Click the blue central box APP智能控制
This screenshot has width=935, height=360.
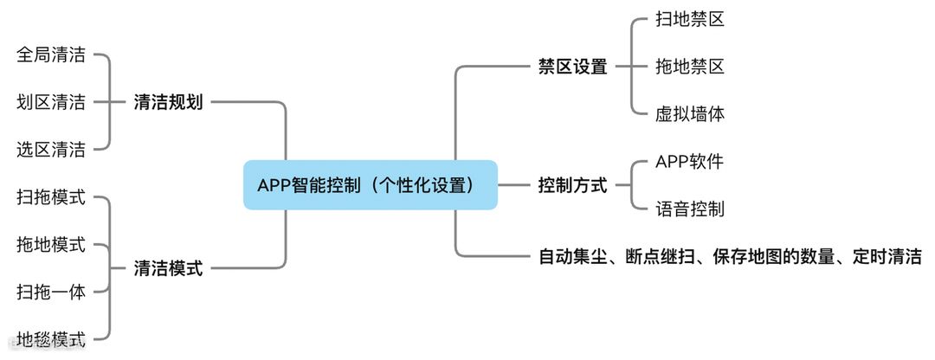coord(370,184)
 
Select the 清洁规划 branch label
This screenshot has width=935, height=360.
coord(168,102)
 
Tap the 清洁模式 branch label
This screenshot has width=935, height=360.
coord(168,268)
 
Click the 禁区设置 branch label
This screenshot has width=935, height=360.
coord(572,67)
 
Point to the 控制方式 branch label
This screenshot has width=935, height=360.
coord(572,185)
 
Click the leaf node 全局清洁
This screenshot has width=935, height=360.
coord(51,55)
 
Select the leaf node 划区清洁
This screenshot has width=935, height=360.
coord(51,102)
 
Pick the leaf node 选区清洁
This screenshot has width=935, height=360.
coord(51,150)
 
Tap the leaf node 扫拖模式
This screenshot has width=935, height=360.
coord(51,197)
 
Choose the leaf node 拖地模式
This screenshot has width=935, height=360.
coord(51,245)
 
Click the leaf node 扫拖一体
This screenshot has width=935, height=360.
coord(51,292)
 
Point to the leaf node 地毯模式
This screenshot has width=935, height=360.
coord(51,338)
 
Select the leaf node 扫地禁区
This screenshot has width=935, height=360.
coord(690,19)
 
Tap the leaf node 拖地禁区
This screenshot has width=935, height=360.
coord(690,67)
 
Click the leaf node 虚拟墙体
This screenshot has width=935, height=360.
coord(690,113)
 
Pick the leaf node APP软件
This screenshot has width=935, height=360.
coord(689,162)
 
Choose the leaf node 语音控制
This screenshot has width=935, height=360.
coord(690,209)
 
